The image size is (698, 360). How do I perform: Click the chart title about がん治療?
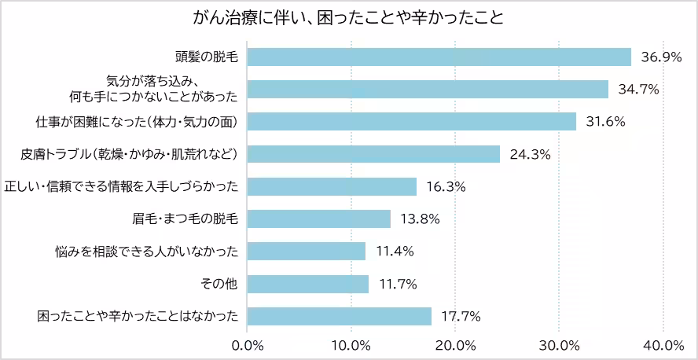[x=348, y=17]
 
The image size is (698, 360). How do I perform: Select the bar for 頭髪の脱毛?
[x=439, y=57]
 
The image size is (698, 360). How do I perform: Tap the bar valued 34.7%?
[x=428, y=90]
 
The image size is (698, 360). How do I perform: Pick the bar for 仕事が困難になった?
[x=412, y=122]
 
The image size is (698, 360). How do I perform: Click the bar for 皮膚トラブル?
[x=374, y=154]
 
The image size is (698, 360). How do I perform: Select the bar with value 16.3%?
[x=332, y=186]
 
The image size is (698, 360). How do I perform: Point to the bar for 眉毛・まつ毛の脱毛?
[x=319, y=219]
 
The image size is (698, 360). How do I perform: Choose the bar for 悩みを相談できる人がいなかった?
[x=307, y=251]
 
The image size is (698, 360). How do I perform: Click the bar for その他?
[x=308, y=283]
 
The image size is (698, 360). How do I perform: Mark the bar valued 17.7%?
[x=340, y=315]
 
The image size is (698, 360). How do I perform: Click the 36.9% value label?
[x=661, y=57]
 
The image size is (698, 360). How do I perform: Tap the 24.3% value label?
[x=530, y=154]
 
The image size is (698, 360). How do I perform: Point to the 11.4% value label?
[x=395, y=251]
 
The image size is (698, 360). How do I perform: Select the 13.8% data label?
[x=421, y=219]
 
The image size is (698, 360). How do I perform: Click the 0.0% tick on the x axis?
[x=248, y=345]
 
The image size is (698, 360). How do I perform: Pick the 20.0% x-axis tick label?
[x=455, y=345]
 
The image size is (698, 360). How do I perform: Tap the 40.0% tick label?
[x=663, y=345]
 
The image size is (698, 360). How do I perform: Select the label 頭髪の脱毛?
[x=207, y=57]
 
